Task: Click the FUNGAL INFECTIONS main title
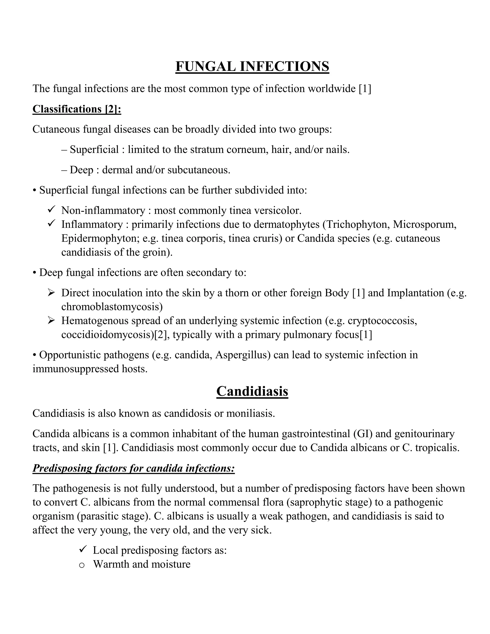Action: (252, 67)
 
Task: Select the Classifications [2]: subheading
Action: (77, 109)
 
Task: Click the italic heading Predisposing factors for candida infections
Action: (134, 468)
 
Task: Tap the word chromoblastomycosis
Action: (112, 306)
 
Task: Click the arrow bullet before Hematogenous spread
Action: (51, 321)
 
